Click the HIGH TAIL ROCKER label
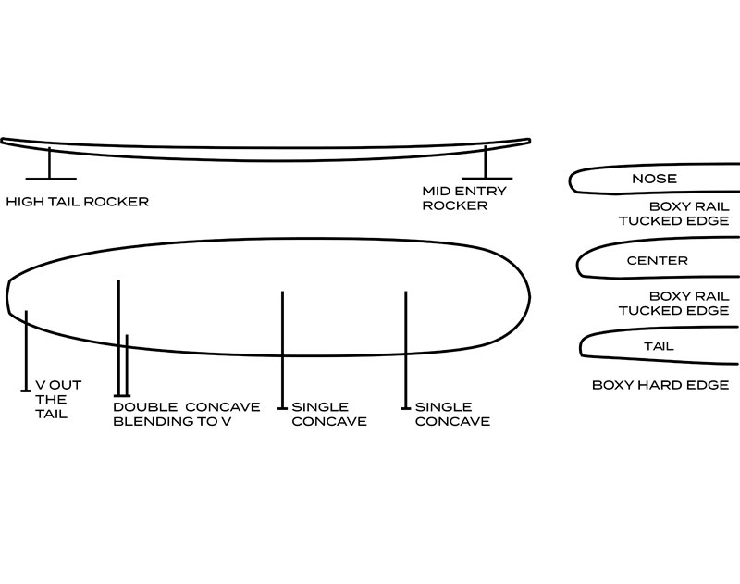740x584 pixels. tap(77, 201)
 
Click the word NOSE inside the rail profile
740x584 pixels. tap(653, 179)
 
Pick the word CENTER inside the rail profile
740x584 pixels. tap(657, 261)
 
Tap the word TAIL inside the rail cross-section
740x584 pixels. tap(658, 346)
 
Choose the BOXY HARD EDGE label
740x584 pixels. tap(660, 384)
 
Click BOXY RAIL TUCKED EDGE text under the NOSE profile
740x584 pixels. tap(675, 214)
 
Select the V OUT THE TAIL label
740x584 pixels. tap(51, 399)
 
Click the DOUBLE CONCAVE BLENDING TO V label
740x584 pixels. tap(171, 414)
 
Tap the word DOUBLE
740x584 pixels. tap(142, 406)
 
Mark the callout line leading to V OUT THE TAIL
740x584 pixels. tap(26, 352)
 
